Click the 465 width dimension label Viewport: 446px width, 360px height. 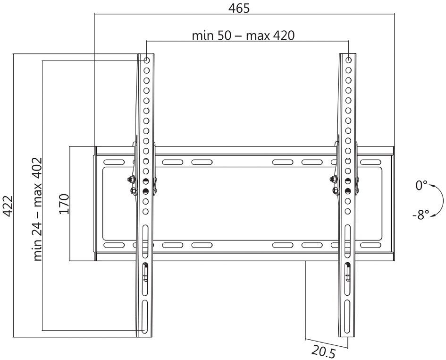point(239,8)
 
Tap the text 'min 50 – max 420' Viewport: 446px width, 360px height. point(243,35)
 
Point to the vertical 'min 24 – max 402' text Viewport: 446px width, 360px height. point(38,209)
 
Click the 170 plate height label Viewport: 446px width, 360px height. point(64,204)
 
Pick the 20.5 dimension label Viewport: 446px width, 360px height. point(324,351)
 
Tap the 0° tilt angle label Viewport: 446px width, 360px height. point(421,185)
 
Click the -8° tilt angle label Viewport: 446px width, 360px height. point(421,214)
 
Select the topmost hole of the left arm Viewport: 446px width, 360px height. point(146,60)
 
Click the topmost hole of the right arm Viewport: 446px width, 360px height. point(348,60)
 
